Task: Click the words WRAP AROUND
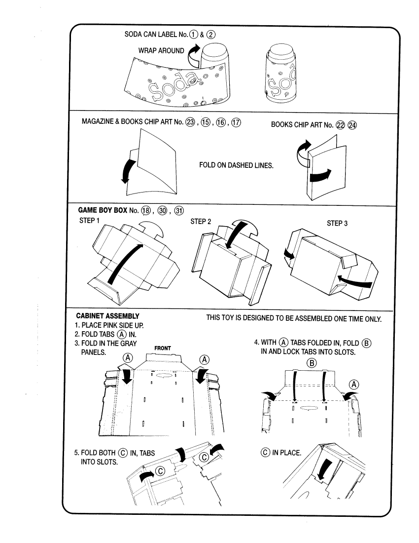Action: point(162,50)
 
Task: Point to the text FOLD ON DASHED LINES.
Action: point(236,165)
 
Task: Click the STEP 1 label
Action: point(89,221)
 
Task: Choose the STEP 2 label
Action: point(201,221)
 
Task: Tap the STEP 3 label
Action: point(337,223)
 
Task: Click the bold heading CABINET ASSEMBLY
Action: point(108,316)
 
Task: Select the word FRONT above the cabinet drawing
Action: point(163,348)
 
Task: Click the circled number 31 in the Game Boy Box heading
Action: point(179,210)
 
